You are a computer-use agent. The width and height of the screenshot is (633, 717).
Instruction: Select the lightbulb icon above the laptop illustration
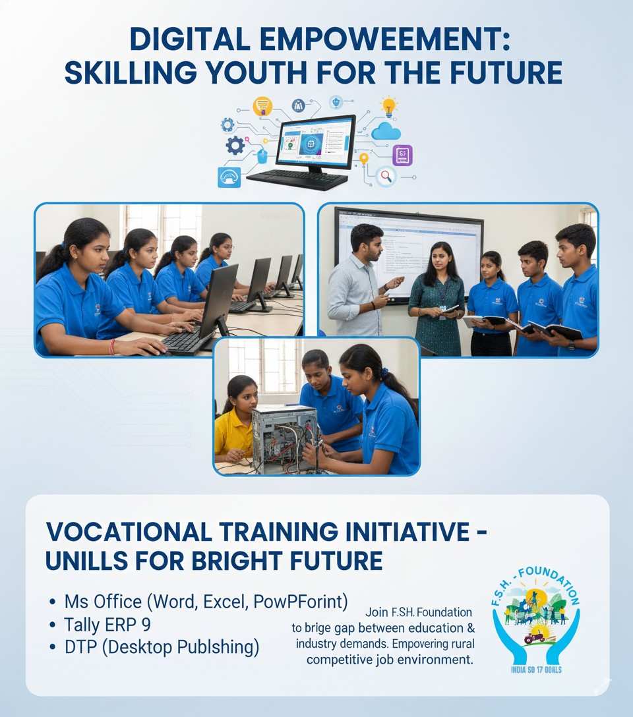pyautogui.click(x=390, y=106)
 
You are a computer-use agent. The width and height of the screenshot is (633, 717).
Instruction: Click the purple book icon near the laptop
pyautogui.click(x=402, y=156)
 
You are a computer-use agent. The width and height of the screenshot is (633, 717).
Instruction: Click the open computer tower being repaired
pyautogui.click(x=285, y=438)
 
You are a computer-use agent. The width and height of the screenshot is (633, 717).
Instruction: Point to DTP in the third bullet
pyautogui.click(x=80, y=647)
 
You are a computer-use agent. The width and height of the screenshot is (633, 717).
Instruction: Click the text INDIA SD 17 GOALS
pyautogui.click(x=535, y=670)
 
